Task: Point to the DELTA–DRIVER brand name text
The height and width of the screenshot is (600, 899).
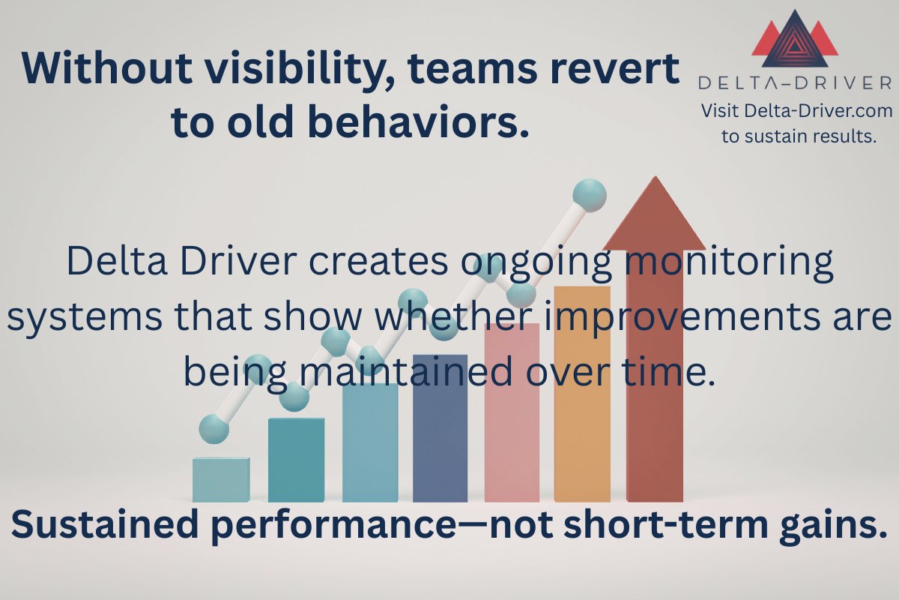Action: (x=795, y=82)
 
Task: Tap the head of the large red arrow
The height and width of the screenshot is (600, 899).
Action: (x=654, y=217)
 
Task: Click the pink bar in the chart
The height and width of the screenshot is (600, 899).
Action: (x=512, y=412)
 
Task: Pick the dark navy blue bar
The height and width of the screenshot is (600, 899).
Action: (x=440, y=427)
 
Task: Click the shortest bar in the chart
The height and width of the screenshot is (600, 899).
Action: (x=221, y=480)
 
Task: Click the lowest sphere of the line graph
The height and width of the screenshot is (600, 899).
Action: (x=214, y=429)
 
